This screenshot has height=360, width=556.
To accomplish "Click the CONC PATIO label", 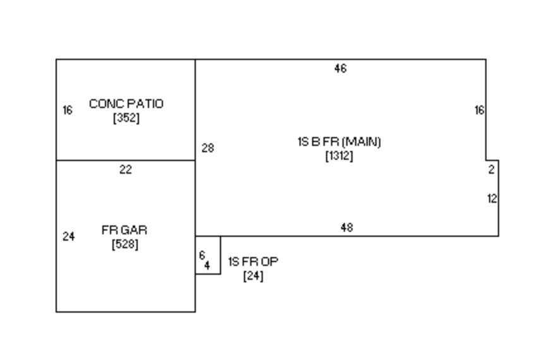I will (x=126, y=104).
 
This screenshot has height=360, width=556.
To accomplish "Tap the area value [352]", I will (x=126, y=118).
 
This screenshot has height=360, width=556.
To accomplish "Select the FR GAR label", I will (x=124, y=230).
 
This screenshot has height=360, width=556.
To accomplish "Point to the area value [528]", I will (x=124, y=244).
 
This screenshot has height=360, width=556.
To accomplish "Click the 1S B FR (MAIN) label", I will (x=339, y=141).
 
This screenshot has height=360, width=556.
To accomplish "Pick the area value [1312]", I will (x=339, y=156).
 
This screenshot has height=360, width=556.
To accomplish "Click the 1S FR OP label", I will (x=253, y=261).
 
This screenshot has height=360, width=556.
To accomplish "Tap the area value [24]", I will (x=253, y=276).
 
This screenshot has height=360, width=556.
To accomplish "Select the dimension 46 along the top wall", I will (x=340, y=69).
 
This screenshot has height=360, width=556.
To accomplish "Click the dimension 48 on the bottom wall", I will (x=346, y=228).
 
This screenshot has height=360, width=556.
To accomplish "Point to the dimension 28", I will (x=208, y=148).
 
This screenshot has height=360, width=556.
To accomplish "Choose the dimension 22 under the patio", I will (x=126, y=169).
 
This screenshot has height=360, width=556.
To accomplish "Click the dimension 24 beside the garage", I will (x=69, y=237).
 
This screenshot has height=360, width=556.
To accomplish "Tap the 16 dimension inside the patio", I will (x=68, y=111).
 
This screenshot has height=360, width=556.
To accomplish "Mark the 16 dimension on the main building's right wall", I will (x=480, y=111).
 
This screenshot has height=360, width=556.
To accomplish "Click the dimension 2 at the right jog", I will (x=492, y=169).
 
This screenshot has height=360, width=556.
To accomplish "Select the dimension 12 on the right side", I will (x=492, y=199).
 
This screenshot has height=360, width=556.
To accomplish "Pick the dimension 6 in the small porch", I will (x=202, y=255).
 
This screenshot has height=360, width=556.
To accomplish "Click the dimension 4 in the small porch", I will (x=207, y=266).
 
